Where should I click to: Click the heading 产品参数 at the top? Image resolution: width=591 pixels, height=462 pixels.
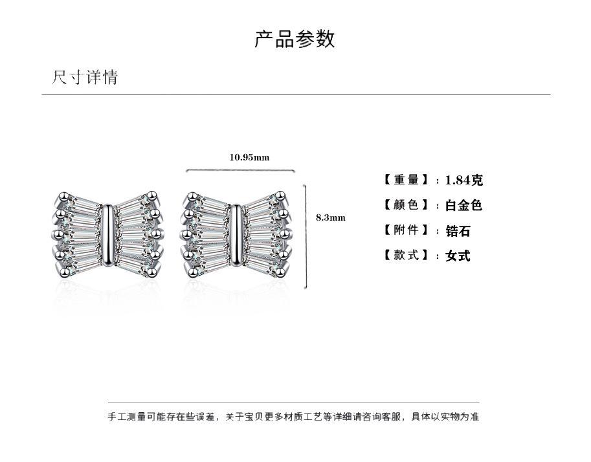(x=295, y=39)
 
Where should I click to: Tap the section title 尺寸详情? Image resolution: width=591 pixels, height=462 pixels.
(x=85, y=78)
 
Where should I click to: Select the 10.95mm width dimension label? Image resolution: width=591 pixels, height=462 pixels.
(x=249, y=157)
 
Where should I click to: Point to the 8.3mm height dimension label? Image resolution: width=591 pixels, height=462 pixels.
(x=330, y=217)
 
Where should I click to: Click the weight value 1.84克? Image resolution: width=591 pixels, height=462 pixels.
(x=463, y=181)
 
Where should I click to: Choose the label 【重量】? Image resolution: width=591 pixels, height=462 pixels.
(x=407, y=180)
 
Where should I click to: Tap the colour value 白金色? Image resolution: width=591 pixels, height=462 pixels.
(x=463, y=206)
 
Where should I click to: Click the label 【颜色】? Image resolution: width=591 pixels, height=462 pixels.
(x=407, y=205)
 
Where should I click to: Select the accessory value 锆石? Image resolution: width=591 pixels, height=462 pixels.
(x=458, y=231)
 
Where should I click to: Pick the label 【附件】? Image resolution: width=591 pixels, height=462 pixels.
(x=407, y=230)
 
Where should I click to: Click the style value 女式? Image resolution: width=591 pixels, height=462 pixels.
(x=458, y=256)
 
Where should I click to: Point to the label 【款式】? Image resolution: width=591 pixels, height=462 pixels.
(x=407, y=256)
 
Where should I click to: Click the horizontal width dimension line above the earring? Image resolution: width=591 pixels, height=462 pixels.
(x=240, y=171)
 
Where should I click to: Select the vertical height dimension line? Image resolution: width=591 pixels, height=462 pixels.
(x=306, y=236)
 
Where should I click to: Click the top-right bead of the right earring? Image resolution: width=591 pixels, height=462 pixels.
(x=282, y=194)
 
